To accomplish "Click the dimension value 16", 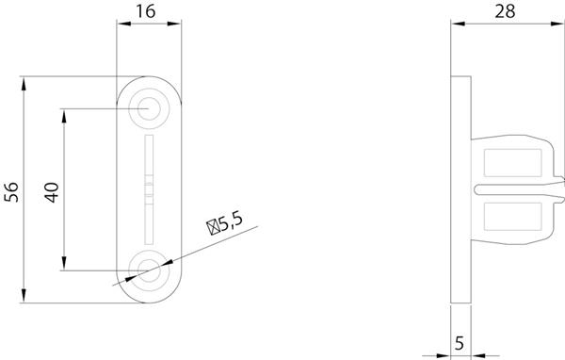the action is [x=146, y=11].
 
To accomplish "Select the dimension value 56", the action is [x=11, y=192].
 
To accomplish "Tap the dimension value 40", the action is [x=52, y=192].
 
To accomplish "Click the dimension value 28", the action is [x=505, y=11].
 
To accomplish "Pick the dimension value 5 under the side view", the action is [x=460, y=343].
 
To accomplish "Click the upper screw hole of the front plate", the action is [x=149, y=108].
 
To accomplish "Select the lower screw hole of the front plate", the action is [x=149, y=270].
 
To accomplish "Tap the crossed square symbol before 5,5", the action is [x=213, y=228].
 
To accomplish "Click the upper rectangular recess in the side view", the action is [x=513, y=163].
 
